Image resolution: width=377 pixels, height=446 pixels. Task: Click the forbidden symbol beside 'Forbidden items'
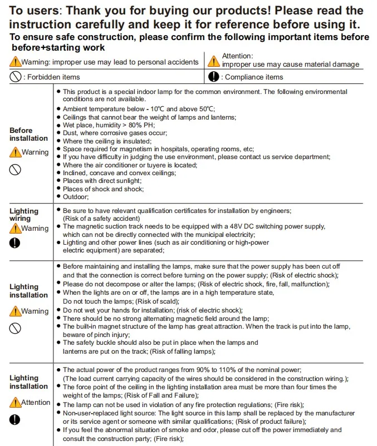[x=15, y=77]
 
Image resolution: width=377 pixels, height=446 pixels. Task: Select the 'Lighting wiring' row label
[x=24, y=215]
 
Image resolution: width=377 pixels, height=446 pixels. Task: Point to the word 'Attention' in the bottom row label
[x=36, y=402]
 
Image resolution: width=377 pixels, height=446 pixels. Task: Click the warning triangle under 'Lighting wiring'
[x=15, y=229]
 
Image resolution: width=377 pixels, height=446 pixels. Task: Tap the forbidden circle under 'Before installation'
[x=15, y=170]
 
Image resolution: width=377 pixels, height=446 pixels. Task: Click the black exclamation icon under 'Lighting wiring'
[x=15, y=243]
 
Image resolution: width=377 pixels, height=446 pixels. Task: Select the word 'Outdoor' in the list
[x=75, y=197]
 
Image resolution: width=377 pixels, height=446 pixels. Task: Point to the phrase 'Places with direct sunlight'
[x=102, y=181]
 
